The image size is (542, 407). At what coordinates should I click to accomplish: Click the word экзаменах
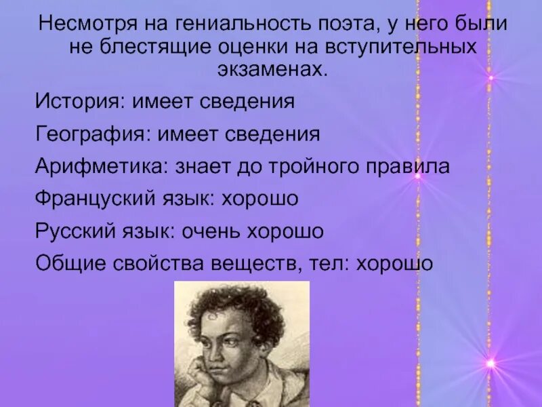point(271,70)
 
